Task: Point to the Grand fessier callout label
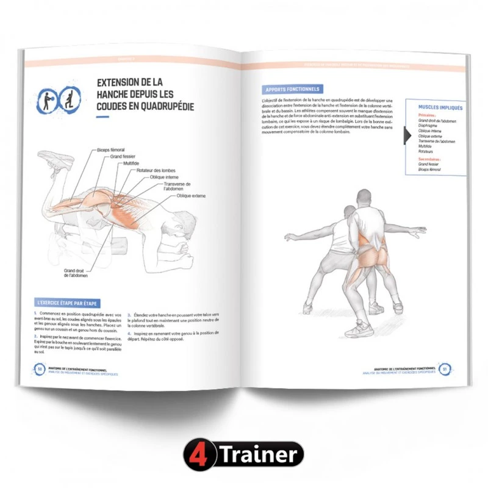click(123, 157)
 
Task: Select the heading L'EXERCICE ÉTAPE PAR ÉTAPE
click(67, 303)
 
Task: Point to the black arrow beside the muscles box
click(408, 137)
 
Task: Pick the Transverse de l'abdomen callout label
click(178, 186)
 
